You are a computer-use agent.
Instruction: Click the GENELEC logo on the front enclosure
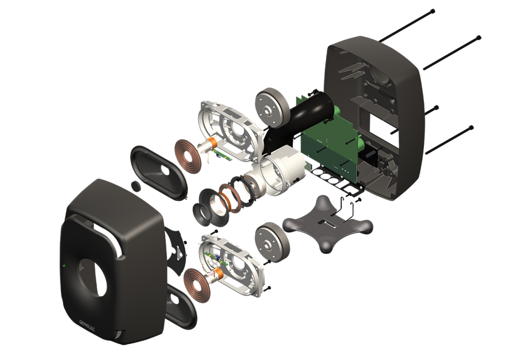(x=87, y=326)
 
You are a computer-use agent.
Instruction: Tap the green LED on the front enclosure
(x=64, y=265)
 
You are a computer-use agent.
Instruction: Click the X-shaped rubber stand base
(x=327, y=223)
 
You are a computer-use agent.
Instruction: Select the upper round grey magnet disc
(x=272, y=108)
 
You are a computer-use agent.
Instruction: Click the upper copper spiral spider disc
(x=188, y=156)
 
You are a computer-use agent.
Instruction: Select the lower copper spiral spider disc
(x=197, y=285)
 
